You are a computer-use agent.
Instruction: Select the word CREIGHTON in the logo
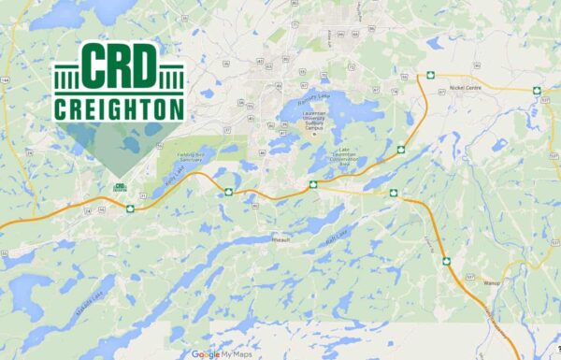pyautogui.click(x=119, y=109)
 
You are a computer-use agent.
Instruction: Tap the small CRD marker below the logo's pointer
pyautogui.click(x=119, y=187)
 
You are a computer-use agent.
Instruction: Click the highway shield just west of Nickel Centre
pyautogui.click(x=431, y=74)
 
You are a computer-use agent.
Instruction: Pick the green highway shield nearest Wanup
pyautogui.click(x=447, y=260)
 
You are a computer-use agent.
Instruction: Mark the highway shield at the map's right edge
pyautogui.click(x=537, y=91)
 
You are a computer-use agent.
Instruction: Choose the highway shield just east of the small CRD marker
pyautogui.click(x=131, y=208)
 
